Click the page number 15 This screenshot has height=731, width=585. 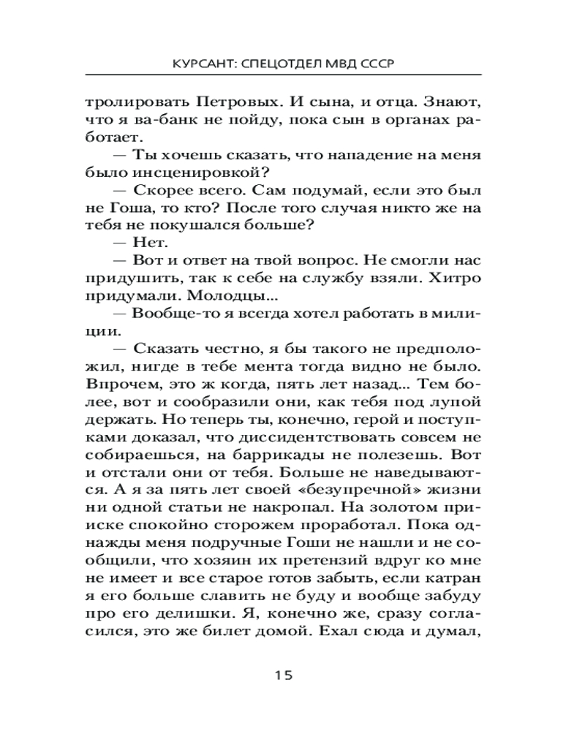[x=284, y=675]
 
